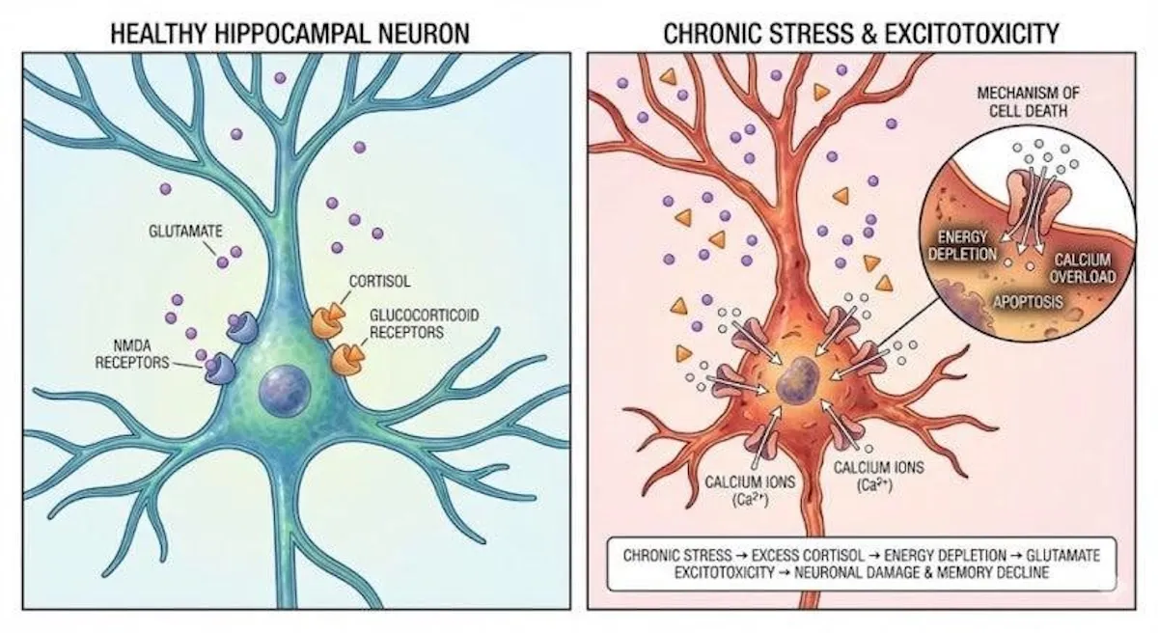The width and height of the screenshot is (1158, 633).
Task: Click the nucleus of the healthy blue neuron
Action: [285, 390]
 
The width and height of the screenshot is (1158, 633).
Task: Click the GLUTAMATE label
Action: [185, 231]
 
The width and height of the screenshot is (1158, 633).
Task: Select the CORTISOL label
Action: [379, 282]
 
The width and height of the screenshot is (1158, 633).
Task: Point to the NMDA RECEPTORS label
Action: [132, 354]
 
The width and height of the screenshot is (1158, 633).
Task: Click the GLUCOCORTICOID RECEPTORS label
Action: [424, 323]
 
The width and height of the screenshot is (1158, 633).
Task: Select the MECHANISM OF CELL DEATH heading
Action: [1029, 101]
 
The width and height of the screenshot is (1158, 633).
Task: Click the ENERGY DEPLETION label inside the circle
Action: [963, 245]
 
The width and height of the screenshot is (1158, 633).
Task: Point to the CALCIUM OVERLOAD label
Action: [1082, 268]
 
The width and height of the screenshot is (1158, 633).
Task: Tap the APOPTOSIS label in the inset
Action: [1028, 302]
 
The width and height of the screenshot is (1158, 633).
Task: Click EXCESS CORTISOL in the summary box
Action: [808, 556]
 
